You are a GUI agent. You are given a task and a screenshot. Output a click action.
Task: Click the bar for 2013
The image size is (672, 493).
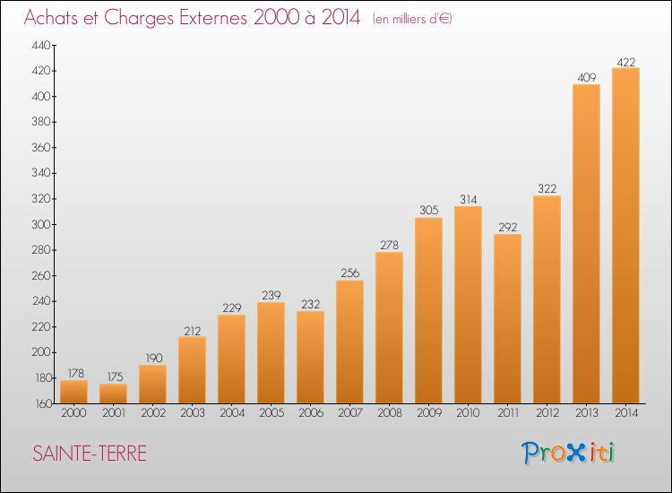[x=586, y=244]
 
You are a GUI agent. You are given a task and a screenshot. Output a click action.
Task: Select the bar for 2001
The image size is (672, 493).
[x=113, y=394]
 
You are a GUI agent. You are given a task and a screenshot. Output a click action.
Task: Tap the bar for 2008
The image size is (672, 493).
[x=389, y=328]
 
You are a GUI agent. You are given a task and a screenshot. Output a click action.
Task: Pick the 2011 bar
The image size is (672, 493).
[x=507, y=319]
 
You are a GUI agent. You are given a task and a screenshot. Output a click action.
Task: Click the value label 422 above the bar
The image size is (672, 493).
[x=625, y=62]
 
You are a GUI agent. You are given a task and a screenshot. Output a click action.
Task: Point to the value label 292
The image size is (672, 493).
[x=507, y=227]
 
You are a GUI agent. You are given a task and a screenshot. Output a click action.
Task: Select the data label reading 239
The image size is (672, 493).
[x=271, y=295]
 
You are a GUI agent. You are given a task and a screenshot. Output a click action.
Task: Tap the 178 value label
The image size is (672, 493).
[x=75, y=373]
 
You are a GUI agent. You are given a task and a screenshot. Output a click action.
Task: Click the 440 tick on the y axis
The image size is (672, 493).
[x=41, y=45]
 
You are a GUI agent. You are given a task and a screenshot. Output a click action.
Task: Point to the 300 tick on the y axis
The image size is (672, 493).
[x=41, y=224]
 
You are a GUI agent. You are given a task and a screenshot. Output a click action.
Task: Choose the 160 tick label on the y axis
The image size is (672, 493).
[x=42, y=403]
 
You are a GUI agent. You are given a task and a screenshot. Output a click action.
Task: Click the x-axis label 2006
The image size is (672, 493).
[x=311, y=412]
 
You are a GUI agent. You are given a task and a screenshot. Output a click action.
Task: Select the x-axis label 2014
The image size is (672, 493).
[x=626, y=412]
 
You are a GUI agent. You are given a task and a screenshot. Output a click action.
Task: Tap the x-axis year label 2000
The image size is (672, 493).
[x=73, y=412]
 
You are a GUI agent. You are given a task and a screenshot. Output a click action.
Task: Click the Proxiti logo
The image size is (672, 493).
[x=567, y=453]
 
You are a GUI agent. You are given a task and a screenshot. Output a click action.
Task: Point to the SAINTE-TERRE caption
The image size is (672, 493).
[x=90, y=454]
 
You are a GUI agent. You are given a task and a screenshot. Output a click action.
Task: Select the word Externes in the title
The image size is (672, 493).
[x=213, y=17]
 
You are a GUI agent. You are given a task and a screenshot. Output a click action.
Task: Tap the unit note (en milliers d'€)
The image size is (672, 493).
[x=412, y=19]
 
